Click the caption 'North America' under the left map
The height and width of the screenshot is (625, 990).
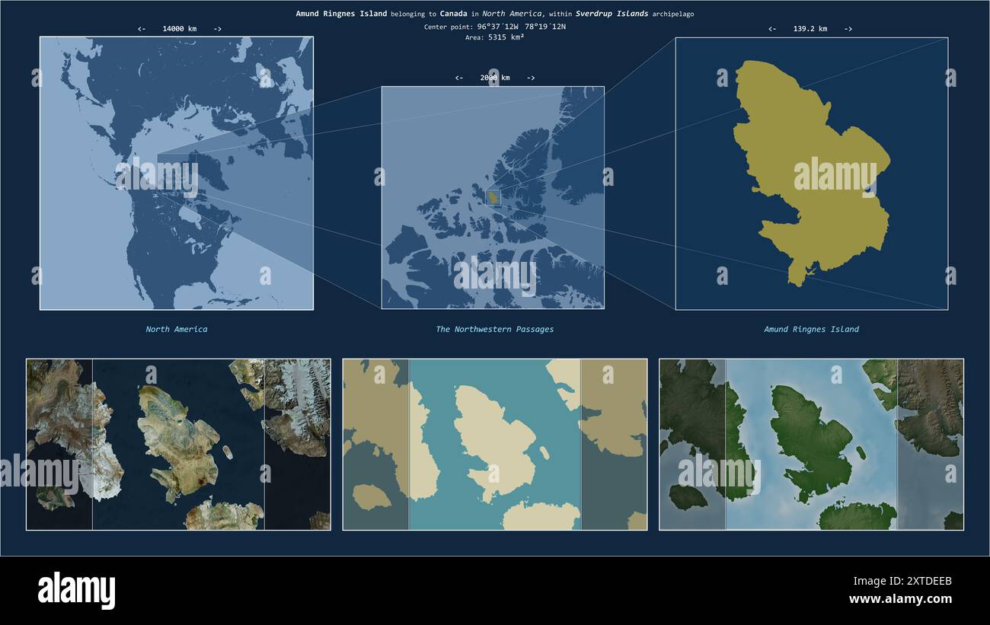pos(177,330)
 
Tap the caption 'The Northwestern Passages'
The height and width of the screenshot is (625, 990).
pos(494,330)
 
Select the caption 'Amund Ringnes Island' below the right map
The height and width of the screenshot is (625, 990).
pos(811,330)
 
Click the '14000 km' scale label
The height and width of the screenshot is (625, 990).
pos(179,29)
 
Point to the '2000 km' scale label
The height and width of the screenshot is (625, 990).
pos(495,78)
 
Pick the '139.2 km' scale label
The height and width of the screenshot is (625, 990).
pos(810,29)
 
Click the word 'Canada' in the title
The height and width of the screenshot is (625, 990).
pos(453,14)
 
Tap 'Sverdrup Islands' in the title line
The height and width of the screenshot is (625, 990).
pos(612,14)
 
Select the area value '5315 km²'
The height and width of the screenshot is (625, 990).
pos(506,37)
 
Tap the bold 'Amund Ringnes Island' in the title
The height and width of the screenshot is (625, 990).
pos(341,14)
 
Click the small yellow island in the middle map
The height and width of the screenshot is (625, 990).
pos(493,198)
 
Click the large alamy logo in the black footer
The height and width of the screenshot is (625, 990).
pos(76,591)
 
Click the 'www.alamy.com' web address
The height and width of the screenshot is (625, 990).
pos(900,599)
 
